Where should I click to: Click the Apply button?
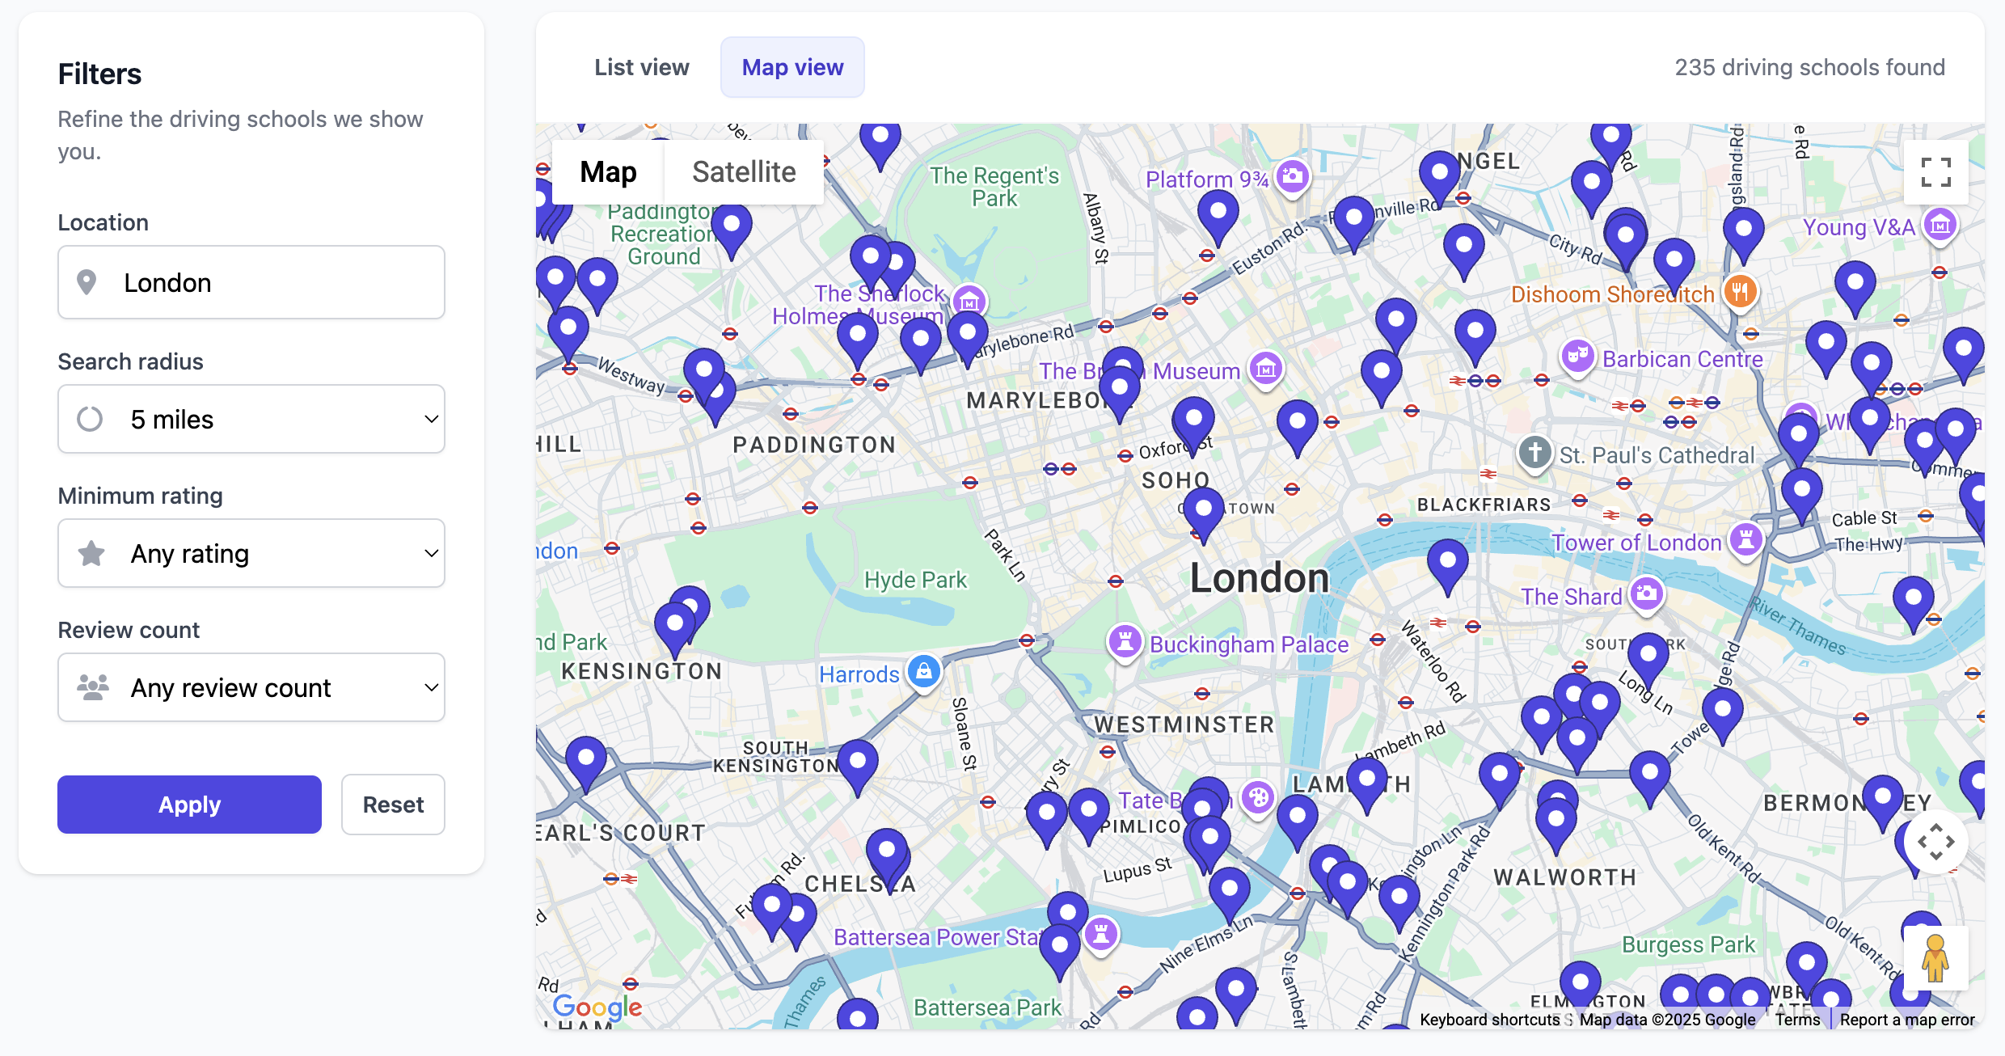[189, 805]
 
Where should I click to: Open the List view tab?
[642, 67]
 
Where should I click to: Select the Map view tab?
[792, 67]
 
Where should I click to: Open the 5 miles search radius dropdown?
[251, 419]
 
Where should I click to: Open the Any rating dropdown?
[251, 553]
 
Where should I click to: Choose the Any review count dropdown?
[251, 687]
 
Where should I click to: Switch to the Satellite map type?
[744, 172]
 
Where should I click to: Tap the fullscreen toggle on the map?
[1935, 172]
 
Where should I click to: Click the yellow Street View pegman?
[1935, 958]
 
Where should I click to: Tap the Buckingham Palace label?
[1249, 644]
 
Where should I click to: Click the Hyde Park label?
[915, 580]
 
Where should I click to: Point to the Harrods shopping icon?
[924, 671]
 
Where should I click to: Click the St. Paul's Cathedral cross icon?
[1534, 452]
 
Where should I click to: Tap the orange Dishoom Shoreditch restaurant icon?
[1740, 291]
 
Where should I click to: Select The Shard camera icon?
[1647, 594]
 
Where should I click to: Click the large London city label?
[1260, 578]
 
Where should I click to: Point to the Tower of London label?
[1636, 543]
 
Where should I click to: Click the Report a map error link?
[1907, 1020]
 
